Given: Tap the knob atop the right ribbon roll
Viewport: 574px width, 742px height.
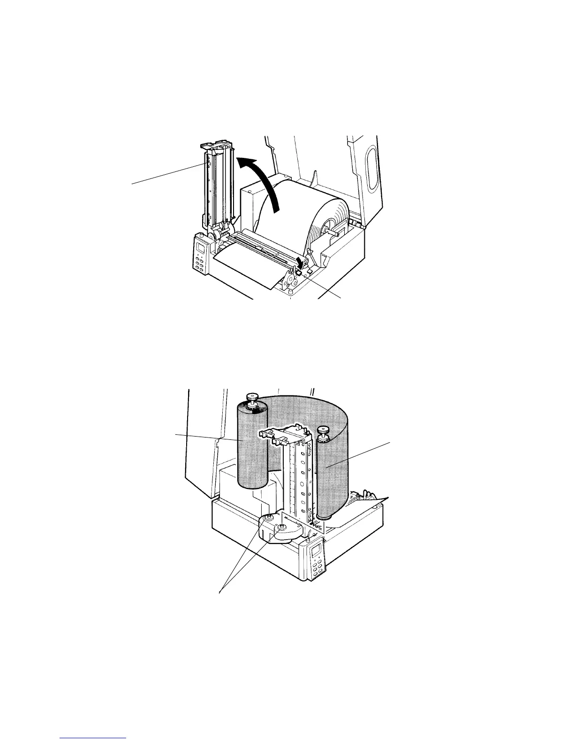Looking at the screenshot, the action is coord(322,431).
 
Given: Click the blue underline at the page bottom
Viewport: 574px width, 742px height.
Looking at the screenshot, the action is coord(93,737).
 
